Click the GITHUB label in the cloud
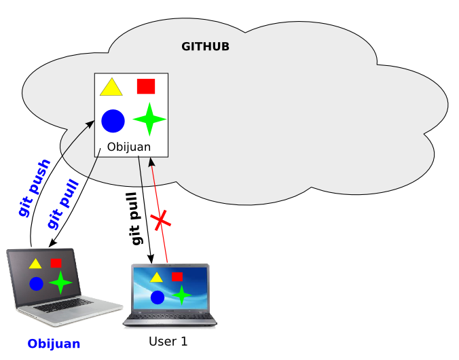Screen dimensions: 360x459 [205, 47]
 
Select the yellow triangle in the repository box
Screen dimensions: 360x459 [111, 88]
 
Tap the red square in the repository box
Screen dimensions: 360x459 [146, 86]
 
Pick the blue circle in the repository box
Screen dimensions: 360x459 [113, 121]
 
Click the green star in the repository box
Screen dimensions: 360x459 [149, 120]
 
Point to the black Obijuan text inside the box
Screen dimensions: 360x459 [129, 147]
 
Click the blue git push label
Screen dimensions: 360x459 [34, 188]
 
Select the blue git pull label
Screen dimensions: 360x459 [63, 204]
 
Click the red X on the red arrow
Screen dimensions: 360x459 [160, 220]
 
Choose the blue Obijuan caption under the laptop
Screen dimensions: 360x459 [54, 344]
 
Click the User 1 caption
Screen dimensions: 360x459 [168, 341]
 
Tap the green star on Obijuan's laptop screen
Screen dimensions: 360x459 [60, 282]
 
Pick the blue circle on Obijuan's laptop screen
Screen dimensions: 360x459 [36, 283]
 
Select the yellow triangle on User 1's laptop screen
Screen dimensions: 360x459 [157, 277]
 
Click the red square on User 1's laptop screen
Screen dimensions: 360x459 [177, 276]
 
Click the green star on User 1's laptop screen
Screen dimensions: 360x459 [181, 295]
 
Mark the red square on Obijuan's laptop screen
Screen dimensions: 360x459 [56, 263]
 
